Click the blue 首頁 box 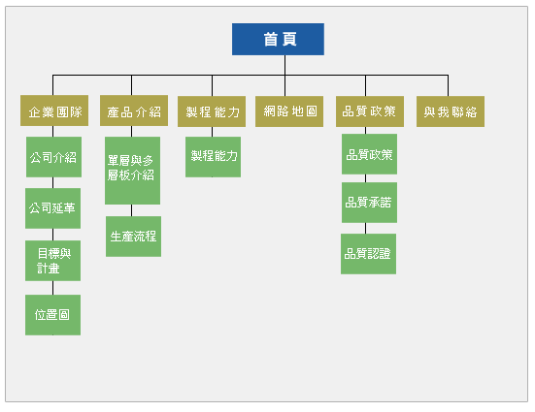278,39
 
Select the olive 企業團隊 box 54,111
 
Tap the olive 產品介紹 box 134,111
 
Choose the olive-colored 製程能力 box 212,111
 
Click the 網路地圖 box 289,111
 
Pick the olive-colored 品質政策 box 370,111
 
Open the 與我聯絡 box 451,111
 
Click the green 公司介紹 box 54,157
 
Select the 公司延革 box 52,208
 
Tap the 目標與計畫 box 52,261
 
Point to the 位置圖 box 52,315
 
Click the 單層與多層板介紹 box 132,171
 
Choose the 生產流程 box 133,237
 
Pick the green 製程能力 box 214,157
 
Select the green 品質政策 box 370,154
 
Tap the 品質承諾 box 370,203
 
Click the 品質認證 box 369,254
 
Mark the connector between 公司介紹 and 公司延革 52,182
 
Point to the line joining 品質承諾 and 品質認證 365,229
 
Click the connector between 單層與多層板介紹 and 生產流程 132,210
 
